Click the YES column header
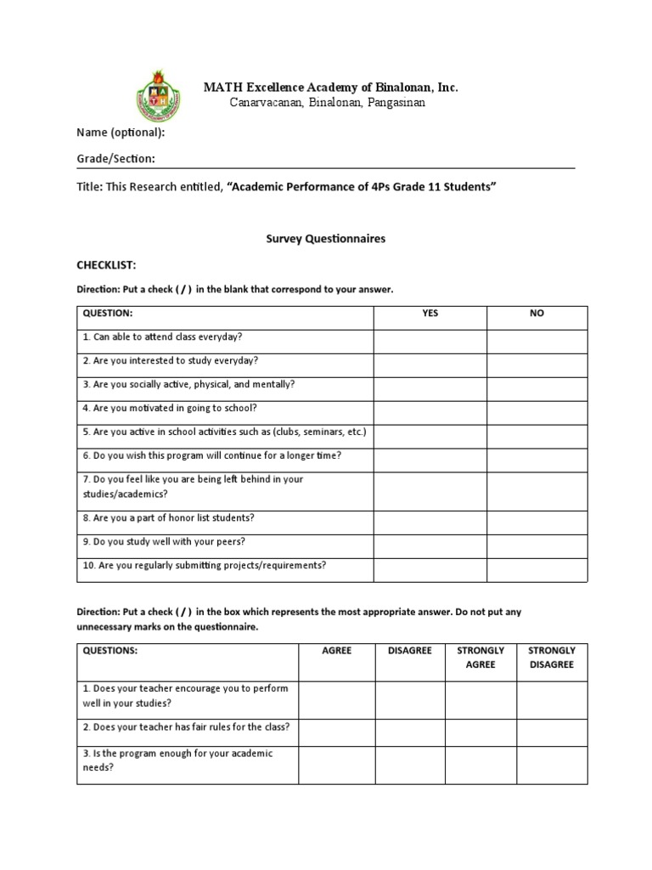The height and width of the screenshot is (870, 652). pos(430,314)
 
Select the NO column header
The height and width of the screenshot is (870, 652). pos(537,314)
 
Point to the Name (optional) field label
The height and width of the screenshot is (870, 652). pos(121,133)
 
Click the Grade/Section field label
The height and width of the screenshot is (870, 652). pos(115,159)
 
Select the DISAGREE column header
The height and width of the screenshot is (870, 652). pos(409,651)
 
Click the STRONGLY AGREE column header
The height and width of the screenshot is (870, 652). pos(481,658)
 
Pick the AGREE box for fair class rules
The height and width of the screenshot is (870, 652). pos(336,727)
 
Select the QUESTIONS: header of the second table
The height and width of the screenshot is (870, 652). pos(110,651)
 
